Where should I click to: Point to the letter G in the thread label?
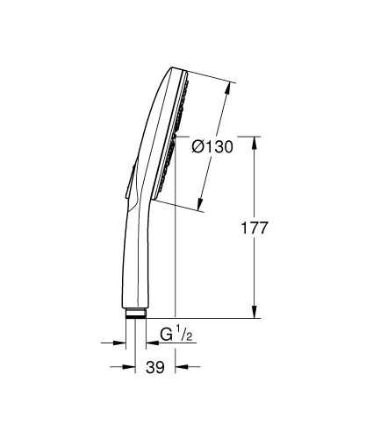tap(164, 336)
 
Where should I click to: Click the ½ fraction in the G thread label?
tap(181, 334)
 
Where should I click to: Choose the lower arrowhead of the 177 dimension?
tap(255, 312)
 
